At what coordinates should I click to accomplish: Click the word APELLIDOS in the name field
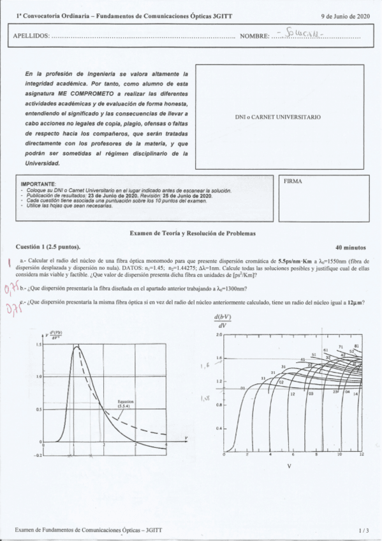[31, 36]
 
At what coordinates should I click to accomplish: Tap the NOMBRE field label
[254, 36]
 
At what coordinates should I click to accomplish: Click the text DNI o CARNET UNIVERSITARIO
[278, 117]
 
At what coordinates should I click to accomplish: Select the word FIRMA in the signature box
[293, 181]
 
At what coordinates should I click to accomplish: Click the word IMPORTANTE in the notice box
[38, 183]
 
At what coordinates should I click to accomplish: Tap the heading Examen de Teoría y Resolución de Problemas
[192, 233]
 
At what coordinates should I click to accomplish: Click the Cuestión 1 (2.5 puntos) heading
[48, 246]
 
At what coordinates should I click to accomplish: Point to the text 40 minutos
[350, 246]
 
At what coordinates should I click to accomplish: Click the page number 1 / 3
[364, 530]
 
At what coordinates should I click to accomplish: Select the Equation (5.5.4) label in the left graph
[126, 404]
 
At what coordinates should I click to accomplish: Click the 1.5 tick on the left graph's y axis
[39, 345]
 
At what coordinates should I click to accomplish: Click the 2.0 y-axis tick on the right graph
[218, 335]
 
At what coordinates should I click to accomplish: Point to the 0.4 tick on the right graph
[218, 428]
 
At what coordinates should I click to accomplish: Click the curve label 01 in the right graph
[242, 387]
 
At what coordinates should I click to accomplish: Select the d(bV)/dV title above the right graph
[224, 321]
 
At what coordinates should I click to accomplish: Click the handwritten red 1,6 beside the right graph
[205, 366]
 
